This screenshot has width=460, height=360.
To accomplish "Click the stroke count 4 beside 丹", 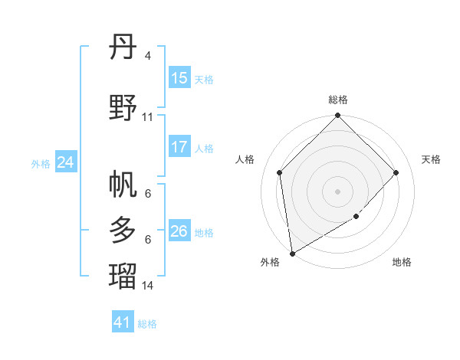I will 147,56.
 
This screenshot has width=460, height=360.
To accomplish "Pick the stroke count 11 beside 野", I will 147,117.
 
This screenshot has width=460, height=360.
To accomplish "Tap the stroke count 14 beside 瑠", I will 147,286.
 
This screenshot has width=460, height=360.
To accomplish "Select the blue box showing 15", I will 179,78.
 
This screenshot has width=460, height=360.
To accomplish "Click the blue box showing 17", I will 179,147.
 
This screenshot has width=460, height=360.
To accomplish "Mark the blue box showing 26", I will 179,231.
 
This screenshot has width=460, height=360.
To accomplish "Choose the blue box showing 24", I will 66,162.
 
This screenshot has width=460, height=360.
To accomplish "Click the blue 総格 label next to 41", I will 147,324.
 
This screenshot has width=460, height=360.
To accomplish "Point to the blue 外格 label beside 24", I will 41,163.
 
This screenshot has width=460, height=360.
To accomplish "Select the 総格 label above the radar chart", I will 337,100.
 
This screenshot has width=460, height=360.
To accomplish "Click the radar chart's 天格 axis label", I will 431,159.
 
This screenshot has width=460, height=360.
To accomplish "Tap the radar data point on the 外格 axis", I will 292,253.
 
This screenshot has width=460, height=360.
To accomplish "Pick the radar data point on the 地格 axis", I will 356,217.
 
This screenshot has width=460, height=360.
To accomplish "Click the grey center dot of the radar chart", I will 337,191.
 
